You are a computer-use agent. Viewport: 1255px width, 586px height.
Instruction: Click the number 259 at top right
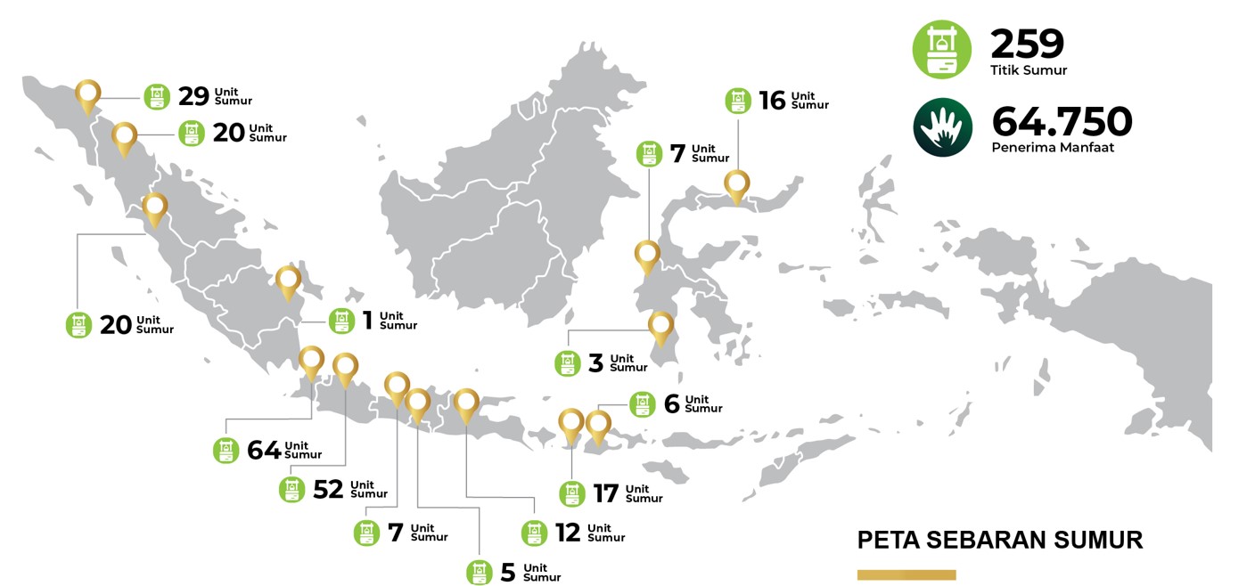click(x=1028, y=44)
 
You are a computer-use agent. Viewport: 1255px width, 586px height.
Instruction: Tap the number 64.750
click(x=1062, y=122)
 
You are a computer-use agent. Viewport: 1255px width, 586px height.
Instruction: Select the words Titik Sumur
click(x=1029, y=70)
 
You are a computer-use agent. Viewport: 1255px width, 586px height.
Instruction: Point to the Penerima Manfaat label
click(x=1053, y=148)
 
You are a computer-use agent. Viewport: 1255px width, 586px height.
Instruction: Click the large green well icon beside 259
click(x=942, y=49)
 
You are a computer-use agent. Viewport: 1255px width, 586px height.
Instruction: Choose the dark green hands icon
click(x=942, y=127)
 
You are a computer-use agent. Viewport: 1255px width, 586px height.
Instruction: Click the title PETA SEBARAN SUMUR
click(x=999, y=540)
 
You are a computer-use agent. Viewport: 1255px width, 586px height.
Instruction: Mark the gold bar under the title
click(x=906, y=574)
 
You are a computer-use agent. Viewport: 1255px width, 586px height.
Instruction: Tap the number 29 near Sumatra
click(x=193, y=96)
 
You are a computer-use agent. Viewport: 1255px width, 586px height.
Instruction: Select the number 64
click(x=264, y=451)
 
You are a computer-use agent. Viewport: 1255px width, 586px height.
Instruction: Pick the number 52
click(x=328, y=490)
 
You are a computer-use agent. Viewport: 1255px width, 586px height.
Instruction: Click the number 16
click(x=772, y=101)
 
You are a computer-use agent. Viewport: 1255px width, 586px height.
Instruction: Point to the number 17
click(x=606, y=493)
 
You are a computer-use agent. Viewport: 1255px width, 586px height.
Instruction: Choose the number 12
click(x=568, y=533)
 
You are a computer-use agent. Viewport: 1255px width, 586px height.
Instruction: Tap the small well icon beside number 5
click(x=480, y=573)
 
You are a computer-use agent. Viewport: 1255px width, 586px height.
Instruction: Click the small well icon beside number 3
click(x=568, y=363)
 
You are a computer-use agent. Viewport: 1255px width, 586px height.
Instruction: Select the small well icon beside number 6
click(x=642, y=404)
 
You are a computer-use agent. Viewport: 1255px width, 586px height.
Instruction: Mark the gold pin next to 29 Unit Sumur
click(x=87, y=95)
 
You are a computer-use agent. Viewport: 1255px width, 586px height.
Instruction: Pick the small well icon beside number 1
click(x=342, y=321)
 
